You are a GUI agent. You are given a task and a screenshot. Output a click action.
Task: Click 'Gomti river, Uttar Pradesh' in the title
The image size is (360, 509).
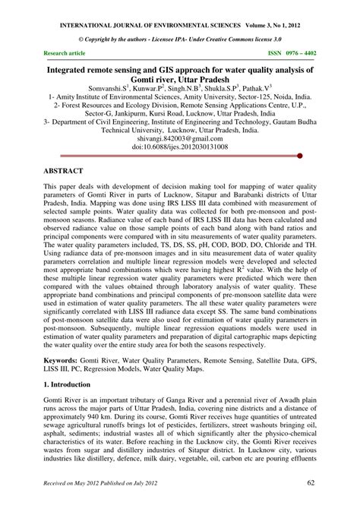pyautogui.click(x=180, y=78)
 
